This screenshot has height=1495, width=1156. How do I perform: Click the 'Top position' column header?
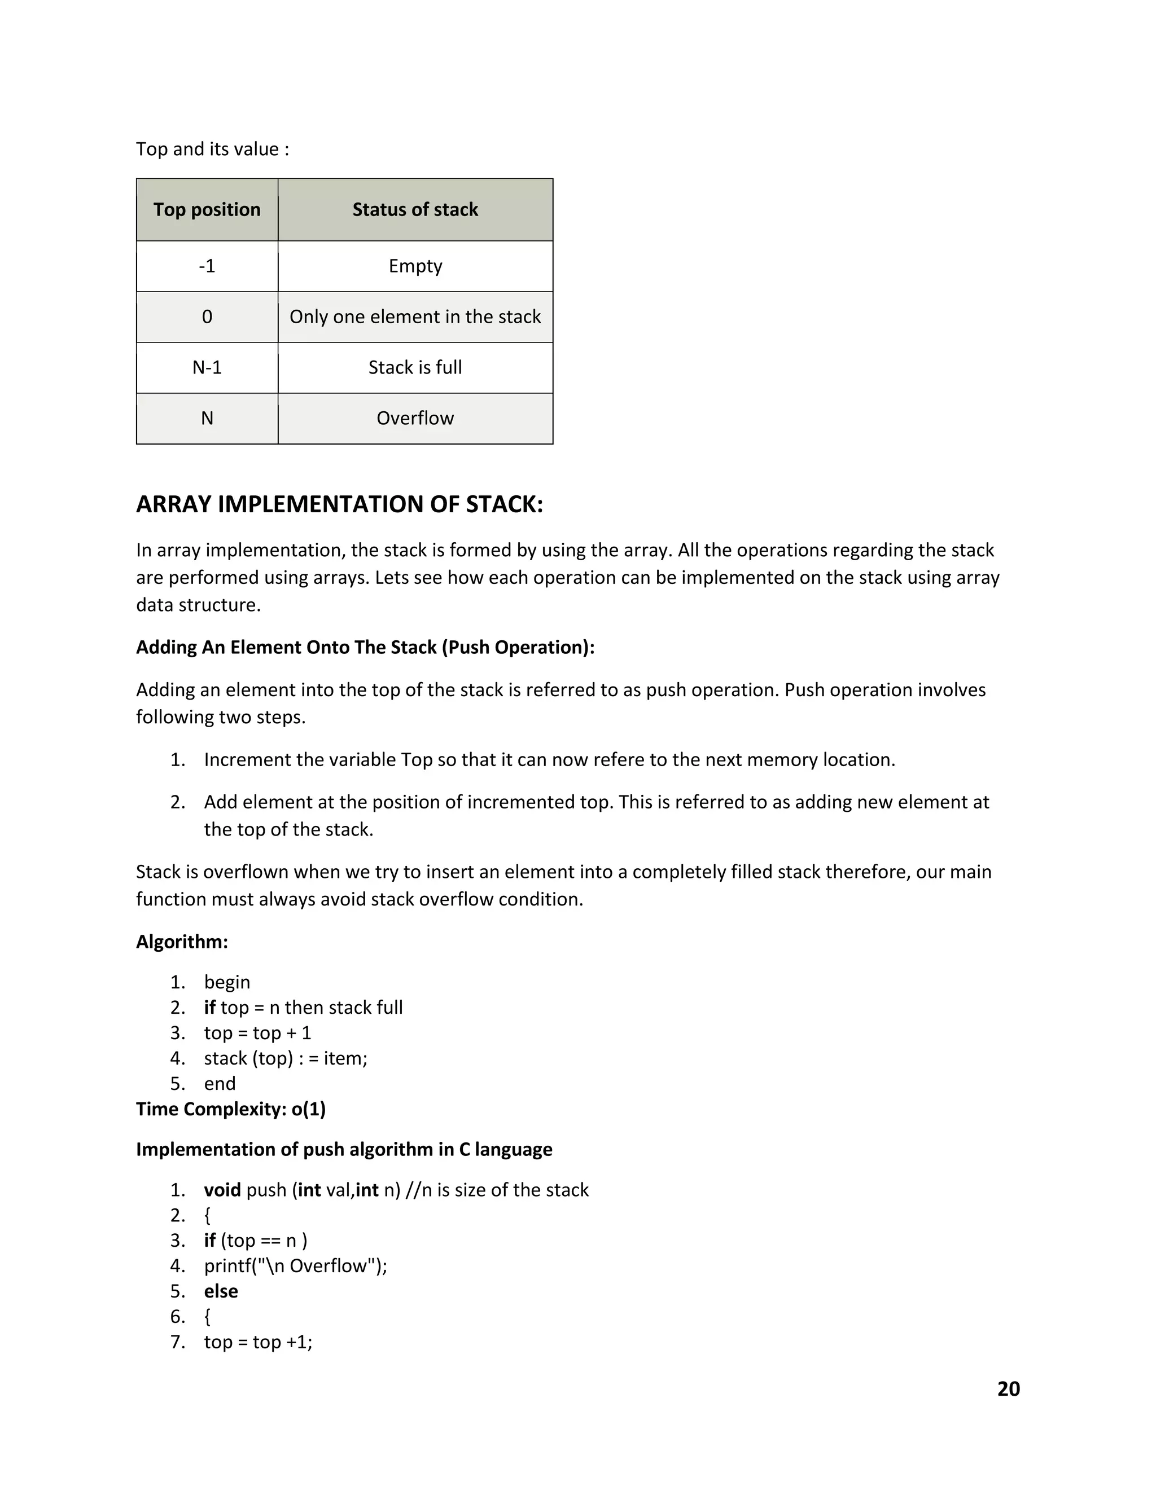coord(207,209)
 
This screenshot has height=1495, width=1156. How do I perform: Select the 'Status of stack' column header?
coord(415,209)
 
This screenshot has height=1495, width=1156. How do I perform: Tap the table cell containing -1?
coord(207,266)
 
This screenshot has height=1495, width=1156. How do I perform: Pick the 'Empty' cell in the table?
coord(415,266)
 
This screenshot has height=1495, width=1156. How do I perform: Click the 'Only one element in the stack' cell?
coord(415,317)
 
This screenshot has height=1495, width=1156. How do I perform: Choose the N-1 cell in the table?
coord(207,368)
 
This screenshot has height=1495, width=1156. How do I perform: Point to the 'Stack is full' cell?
coord(415,368)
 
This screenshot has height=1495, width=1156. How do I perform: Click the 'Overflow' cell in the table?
coord(415,418)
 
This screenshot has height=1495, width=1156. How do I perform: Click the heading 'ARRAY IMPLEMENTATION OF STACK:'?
coord(339,504)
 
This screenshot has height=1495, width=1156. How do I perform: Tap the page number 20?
coord(1008,1389)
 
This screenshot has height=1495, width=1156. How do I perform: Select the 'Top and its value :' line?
coord(212,149)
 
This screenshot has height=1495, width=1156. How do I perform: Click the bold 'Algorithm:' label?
coord(182,942)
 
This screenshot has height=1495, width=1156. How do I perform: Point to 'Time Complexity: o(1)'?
coord(231,1109)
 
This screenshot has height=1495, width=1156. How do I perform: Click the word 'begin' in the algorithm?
coord(227,982)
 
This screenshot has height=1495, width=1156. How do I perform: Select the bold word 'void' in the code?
coord(222,1190)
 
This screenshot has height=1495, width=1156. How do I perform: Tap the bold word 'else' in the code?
coord(221,1291)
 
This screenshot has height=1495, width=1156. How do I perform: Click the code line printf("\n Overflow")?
coord(295,1266)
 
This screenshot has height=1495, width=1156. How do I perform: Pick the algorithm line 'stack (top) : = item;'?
coord(286,1058)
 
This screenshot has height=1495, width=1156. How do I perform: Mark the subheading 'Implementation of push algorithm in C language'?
coord(344,1149)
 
